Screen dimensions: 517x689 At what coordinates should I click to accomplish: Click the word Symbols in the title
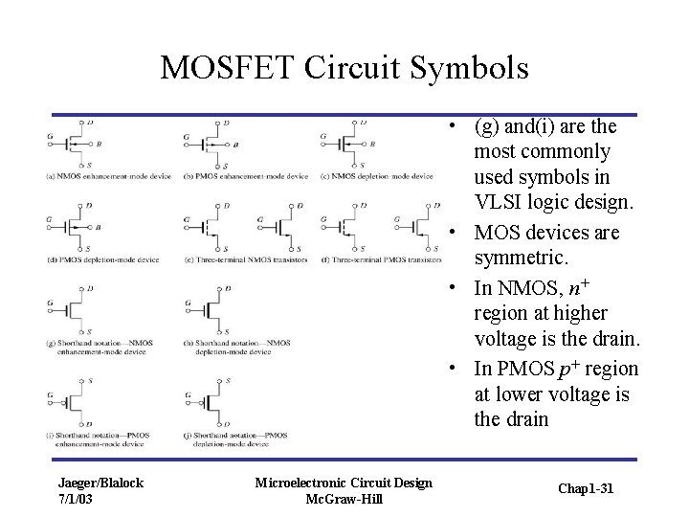(465, 67)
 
